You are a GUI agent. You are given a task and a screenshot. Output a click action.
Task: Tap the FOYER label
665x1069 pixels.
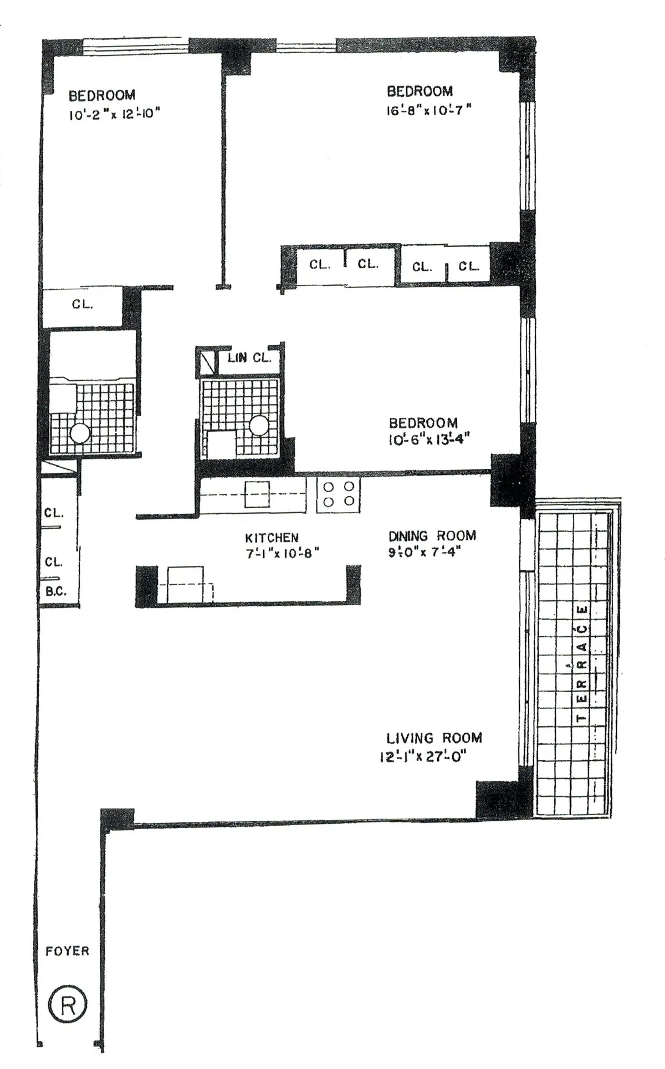[x=67, y=951]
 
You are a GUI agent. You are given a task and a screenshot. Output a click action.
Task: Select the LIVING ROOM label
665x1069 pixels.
[x=434, y=738]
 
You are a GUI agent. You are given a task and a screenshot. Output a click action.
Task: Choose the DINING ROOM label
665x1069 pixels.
[x=432, y=536]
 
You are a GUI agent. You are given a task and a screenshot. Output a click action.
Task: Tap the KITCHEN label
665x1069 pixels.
[x=272, y=538]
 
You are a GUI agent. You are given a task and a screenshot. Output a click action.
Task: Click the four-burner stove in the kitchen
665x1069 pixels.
[x=338, y=494]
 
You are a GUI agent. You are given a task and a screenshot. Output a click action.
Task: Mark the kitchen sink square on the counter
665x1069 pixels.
[x=257, y=494]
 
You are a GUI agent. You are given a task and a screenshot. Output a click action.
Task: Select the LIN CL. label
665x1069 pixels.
[x=249, y=358]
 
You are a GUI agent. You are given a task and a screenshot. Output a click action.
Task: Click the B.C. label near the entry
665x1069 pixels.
[x=55, y=591]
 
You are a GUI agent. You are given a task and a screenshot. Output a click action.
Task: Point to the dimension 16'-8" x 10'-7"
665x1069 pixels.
[x=428, y=110]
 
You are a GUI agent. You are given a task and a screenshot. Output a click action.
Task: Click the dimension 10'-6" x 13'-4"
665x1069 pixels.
[x=429, y=440]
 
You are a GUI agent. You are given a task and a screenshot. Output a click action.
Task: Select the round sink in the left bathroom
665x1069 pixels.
[x=80, y=433]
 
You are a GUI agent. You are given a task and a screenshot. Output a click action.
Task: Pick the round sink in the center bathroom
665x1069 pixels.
[x=258, y=426]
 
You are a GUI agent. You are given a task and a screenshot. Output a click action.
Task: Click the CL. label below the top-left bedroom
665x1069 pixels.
[x=82, y=304]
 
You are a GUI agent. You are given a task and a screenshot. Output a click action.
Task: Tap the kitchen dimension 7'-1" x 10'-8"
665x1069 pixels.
[x=283, y=553]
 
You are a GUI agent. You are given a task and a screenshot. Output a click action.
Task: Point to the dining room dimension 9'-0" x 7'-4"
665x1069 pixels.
[x=424, y=552]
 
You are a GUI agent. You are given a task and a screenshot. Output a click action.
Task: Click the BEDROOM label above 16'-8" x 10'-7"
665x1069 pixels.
[x=420, y=91]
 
